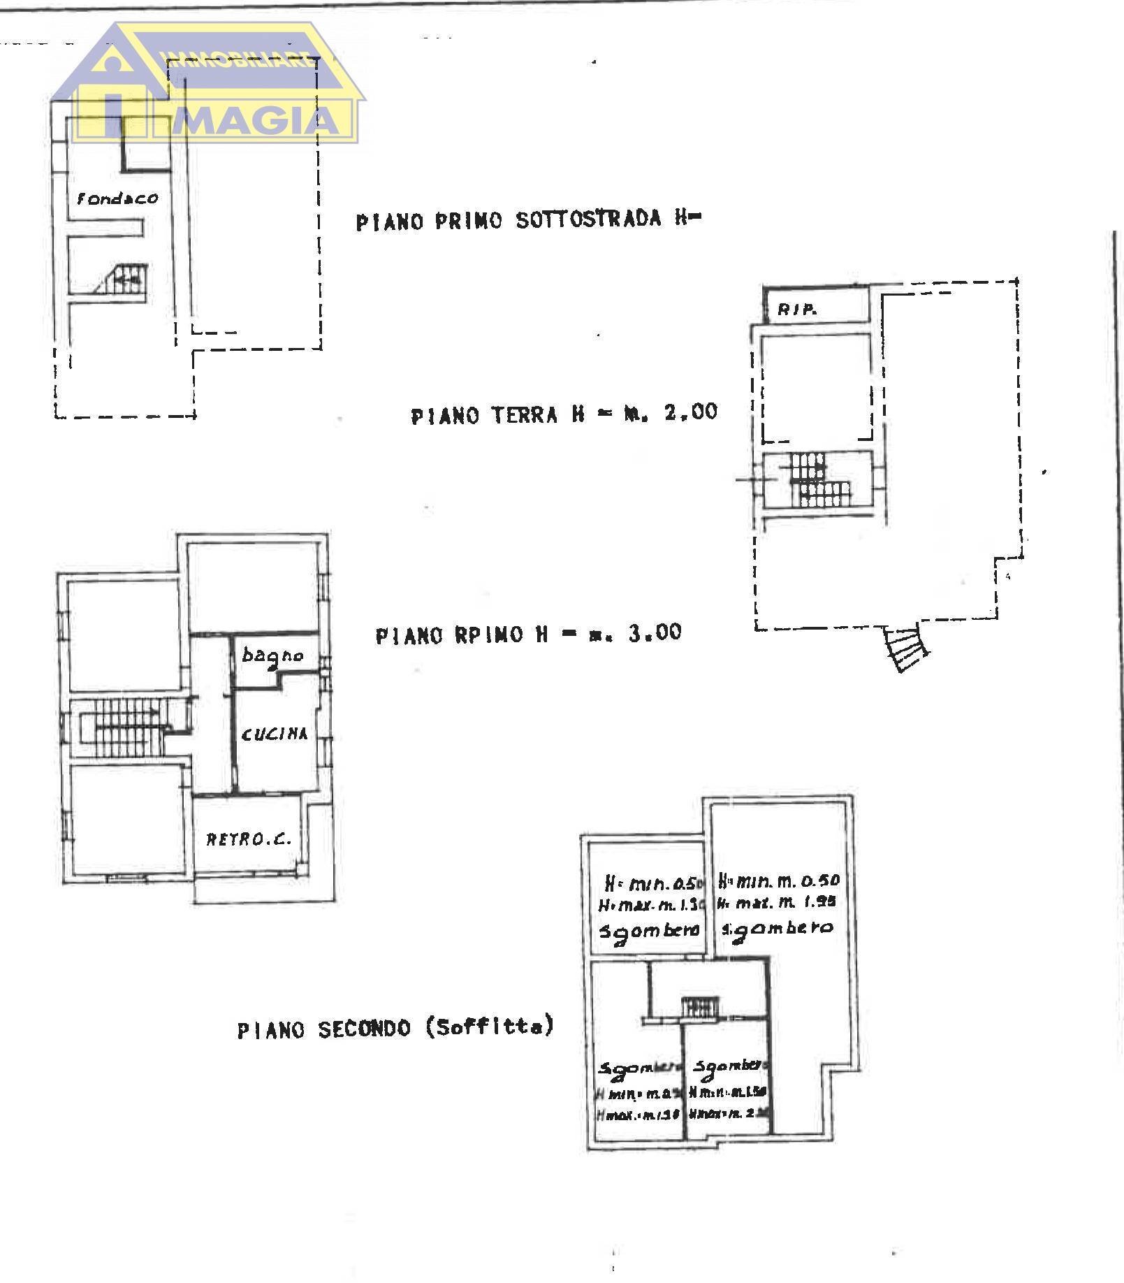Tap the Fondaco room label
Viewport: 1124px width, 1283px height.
click(x=117, y=198)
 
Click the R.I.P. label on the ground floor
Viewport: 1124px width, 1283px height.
click(x=798, y=310)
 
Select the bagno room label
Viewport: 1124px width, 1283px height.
click(x=272, y=655)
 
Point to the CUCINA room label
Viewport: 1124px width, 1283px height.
click(x=275, y=734)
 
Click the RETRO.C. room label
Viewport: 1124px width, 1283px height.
click(x=248, y=839)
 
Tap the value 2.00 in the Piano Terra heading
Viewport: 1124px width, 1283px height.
click(x=690, y=412)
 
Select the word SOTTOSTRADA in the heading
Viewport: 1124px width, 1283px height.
click(x=588, y=220)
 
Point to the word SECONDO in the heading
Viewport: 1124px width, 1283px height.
click(x=364, y=1029)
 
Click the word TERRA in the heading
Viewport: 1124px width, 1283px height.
click(x=524, y=415)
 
